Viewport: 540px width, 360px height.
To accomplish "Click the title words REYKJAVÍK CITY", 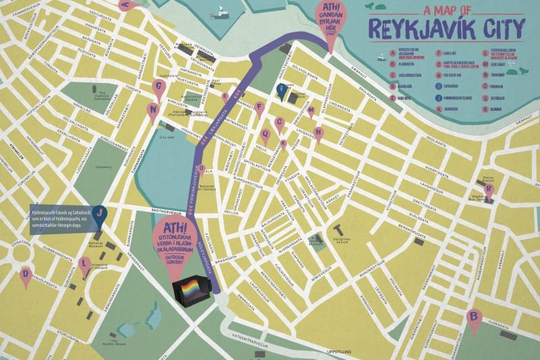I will [x=448, y=28].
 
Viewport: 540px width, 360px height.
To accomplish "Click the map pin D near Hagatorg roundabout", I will [x=26, y=275].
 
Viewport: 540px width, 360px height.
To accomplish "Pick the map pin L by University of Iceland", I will [x=84, y=263].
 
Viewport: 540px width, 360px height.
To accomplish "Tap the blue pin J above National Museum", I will [x=100, y=214].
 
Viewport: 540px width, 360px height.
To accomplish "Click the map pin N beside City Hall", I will [x=154, y=109].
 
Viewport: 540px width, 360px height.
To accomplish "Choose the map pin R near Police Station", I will [x=489, y=190].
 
